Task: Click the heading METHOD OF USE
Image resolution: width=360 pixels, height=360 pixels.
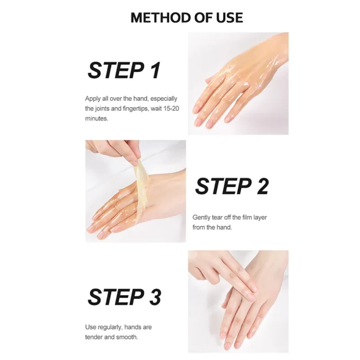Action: pos(186,17)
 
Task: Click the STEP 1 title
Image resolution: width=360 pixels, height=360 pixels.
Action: pos(124,70)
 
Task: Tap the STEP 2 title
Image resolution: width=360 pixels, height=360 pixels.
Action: pos(231,186)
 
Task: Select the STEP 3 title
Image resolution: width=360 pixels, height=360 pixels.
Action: pos(124,297)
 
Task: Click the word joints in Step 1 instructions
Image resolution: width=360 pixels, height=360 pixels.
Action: pos(103,109)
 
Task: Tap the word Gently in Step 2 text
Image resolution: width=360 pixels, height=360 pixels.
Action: pos(202,218)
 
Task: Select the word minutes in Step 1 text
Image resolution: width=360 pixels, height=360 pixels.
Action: pos(96,118)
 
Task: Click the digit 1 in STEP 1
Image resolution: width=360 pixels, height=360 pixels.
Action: pos(155,70)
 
